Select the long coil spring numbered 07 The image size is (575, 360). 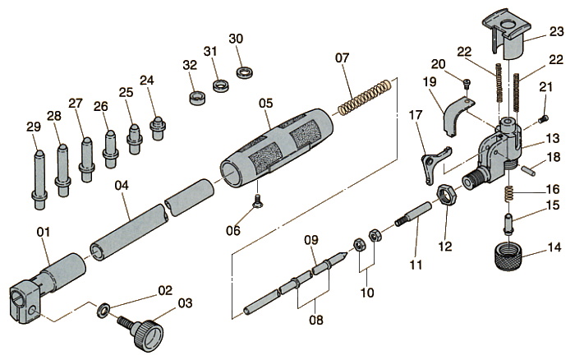point(362,97)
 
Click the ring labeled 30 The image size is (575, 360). point(243,72)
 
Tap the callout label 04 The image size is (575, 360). point(122,187)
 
